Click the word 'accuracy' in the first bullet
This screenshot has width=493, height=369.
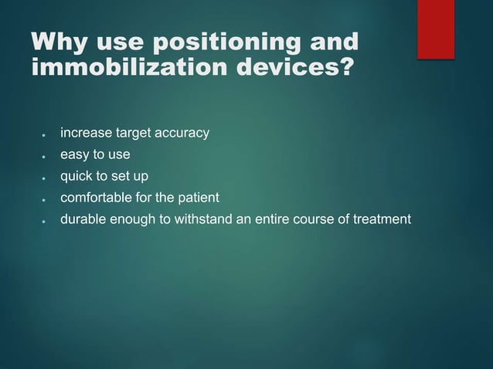tap(182, 134)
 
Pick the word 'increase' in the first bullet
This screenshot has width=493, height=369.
tap(85, 134)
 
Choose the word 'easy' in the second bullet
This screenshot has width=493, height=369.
tap(76, 156)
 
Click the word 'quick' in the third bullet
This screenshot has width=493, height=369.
tap(78, 178)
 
